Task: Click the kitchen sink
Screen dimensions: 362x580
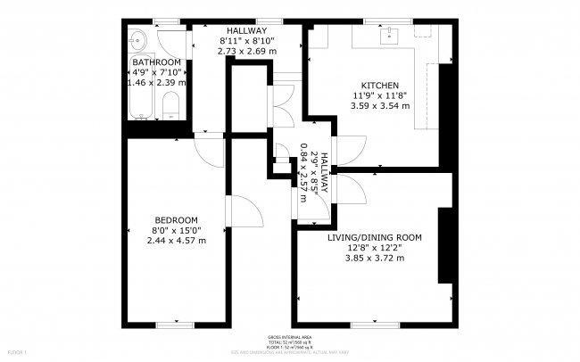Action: (x=389, y=36)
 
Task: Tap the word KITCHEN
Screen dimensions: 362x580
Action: (x=379, y=85)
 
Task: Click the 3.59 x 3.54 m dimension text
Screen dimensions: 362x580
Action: (x=379, y=105)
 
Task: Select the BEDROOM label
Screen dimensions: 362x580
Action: (x=176, y=219)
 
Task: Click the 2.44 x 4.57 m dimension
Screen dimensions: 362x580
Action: (x=176, y=240)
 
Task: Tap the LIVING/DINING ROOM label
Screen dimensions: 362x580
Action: (x=375, y=237)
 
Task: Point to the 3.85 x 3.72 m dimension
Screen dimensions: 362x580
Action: (x=375, y=258)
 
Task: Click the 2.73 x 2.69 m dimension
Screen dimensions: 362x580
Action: (x=247, y=51)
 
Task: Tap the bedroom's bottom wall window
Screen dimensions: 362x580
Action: (x=175, y=323)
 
